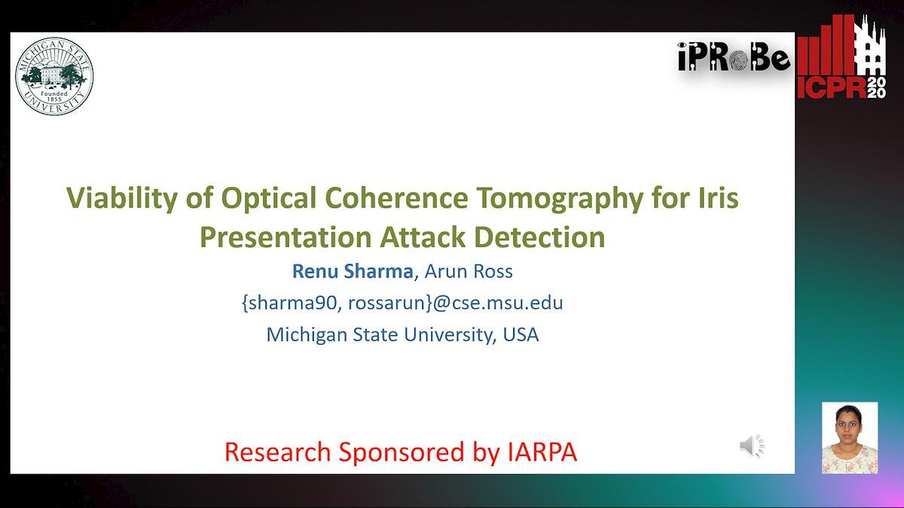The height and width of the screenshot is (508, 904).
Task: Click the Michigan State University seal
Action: pyautogui.click(x=54, y=76)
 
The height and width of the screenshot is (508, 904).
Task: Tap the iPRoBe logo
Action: pyautogui.click(x=734, y=57)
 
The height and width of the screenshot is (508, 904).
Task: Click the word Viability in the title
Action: pyautogui.click(x=122, y=199)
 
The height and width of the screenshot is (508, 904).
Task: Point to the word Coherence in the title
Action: pyautogui.click(x=396, y=198)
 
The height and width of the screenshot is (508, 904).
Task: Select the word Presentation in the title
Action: pyautogui.click(x=286, y=237)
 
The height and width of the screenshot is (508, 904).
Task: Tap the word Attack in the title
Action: pyautogui.click(x=422, y=237)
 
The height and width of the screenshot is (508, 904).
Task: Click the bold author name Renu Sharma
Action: pyautogui.click(x=353, y=271)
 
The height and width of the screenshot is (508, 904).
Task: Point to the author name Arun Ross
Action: pyautogui.click(x=469, y=271)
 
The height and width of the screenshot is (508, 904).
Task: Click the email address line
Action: pyautogui.click(x=402, y=303)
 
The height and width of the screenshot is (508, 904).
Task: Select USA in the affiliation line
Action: pyautogui.click(x=521, y=335)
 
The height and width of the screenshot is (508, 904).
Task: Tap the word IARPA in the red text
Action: pyautogui.click(x=542, y=451)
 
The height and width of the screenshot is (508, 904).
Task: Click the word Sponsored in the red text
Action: pyautogui.click(x=401, y=452)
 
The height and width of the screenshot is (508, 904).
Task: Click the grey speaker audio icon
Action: pyautogui.click(x=752, y=446)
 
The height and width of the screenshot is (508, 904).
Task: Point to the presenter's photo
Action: pyautogui.click(x=850, y=438)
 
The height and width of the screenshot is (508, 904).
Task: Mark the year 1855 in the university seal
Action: pyautogui.click(x=54, y=99)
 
